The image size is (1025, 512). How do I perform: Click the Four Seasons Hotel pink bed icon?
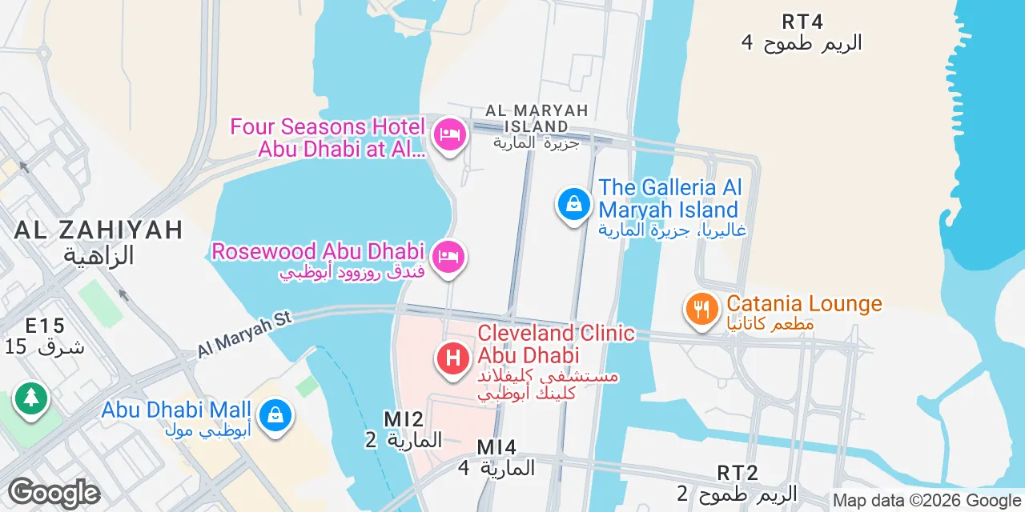pos(449,134)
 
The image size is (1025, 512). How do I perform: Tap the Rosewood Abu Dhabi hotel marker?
pos(449,257)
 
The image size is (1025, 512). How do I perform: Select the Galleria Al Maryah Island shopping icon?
pos(574,204)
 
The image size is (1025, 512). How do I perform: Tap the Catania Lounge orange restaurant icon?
pos(701,309)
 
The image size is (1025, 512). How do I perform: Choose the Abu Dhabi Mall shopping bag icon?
pos(275,415)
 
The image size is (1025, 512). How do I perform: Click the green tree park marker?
pos(30,397)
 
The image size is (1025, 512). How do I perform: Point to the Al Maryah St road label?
pos(245,334)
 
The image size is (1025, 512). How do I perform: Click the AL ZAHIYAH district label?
pos(98,230)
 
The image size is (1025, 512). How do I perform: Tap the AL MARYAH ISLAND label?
pos(537,118)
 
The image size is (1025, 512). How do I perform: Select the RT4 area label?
pos(802,22)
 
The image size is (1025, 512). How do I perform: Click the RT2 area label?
pos(738,473)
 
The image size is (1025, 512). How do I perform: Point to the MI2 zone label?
pos(404,419)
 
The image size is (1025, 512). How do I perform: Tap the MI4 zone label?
pos(496,447)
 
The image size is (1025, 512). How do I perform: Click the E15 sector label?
pos(45,326)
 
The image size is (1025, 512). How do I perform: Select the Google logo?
pos(54,493)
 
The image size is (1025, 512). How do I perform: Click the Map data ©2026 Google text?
pos(927,501)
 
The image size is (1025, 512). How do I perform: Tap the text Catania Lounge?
pos(804,304)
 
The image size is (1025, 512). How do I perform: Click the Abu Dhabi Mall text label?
pos(176,410)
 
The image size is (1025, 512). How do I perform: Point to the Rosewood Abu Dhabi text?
pos(318,251)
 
